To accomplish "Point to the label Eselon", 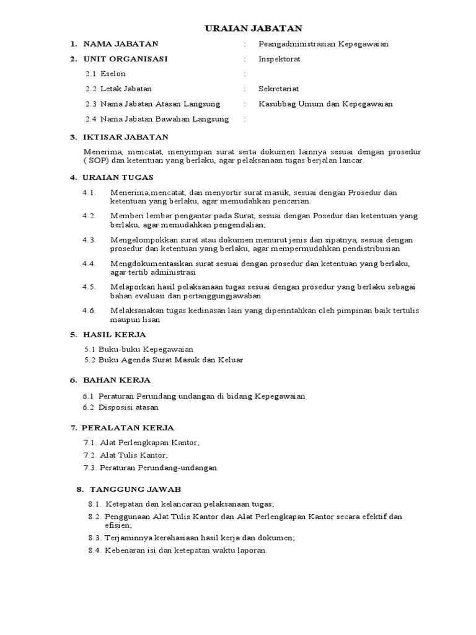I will pyautogui.click(x=113, y=74).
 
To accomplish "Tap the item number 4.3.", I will pyautogui.click(x=89, y=239).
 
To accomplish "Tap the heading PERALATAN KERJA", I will pyautogui.click(x=128, y=428).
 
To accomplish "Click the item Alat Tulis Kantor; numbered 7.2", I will pyautogui.click(x=134, y=455).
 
